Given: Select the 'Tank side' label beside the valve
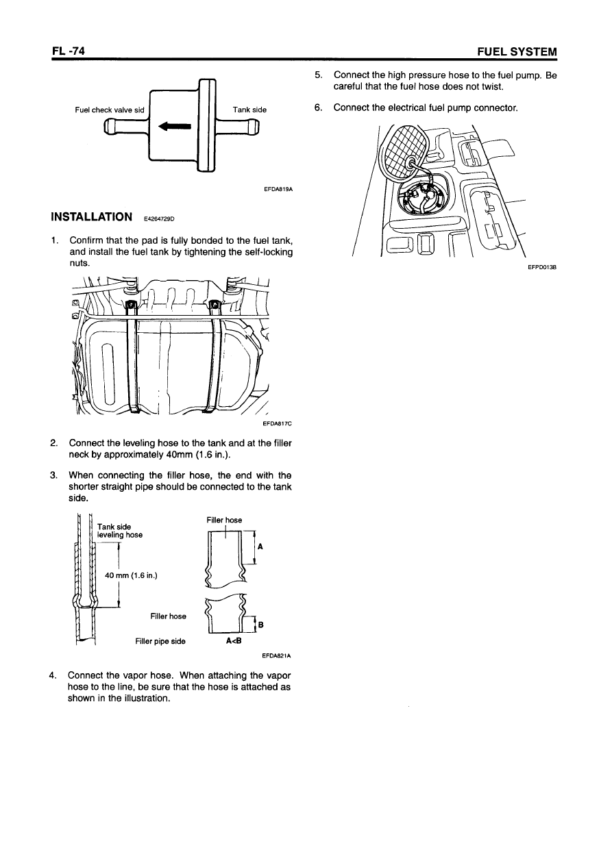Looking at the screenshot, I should tap(249, 109).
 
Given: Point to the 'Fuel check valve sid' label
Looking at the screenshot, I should tap(110, 109).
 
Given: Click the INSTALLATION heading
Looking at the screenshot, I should tap(92, 217).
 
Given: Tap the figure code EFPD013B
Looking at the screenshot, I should tap(541, 268).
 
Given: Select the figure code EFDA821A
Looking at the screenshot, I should tap(278, 655).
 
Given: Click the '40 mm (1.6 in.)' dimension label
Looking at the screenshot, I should tap(131, 575).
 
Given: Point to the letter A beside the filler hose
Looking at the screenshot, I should tap(260, 547).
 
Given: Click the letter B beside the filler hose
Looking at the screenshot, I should tap(260, 624).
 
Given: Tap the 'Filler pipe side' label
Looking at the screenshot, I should tap(160, 642).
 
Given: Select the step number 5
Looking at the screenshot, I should tap(317, 75).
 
